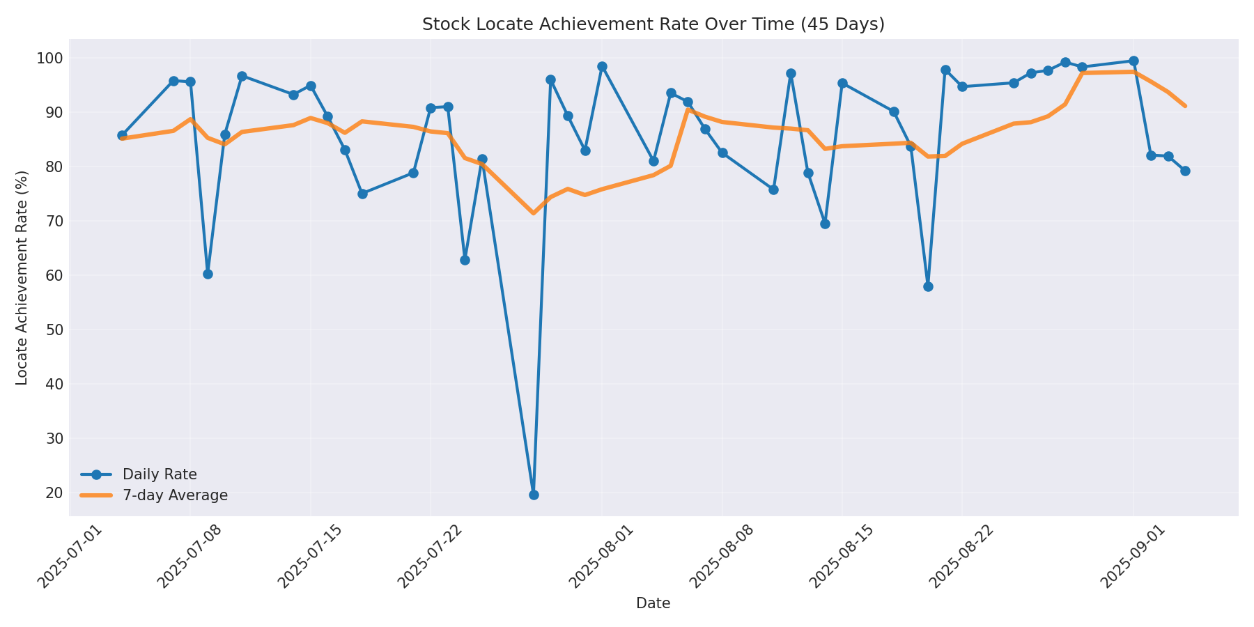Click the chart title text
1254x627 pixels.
(x=653, y=24)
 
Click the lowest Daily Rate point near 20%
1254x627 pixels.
(x=534, y=495)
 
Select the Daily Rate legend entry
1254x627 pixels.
(x=160, y=474)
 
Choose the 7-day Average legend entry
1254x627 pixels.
(x=175, y=495)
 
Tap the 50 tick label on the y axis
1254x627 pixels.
(x=54, y=330)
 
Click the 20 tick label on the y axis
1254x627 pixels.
(x=54, y=493)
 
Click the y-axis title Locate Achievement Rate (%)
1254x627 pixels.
(x=22, y=277)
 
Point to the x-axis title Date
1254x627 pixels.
(x=653, y=604)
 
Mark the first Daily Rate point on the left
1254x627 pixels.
(x=122, y=135)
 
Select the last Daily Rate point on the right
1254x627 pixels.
(x=1185, y=171)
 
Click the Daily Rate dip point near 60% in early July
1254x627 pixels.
(x=208, y=274)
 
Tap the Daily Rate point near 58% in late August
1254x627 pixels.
(x=928, y=286)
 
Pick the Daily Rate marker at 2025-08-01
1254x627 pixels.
(x=602, y=67)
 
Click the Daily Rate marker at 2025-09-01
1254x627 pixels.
(x=1133, y=61)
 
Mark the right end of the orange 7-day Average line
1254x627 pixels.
(x=1185, y=106)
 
